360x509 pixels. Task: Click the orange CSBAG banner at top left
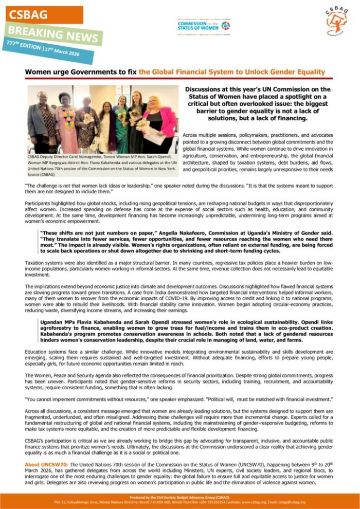pos(43,15)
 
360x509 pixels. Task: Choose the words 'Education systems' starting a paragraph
pos(44,352)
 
